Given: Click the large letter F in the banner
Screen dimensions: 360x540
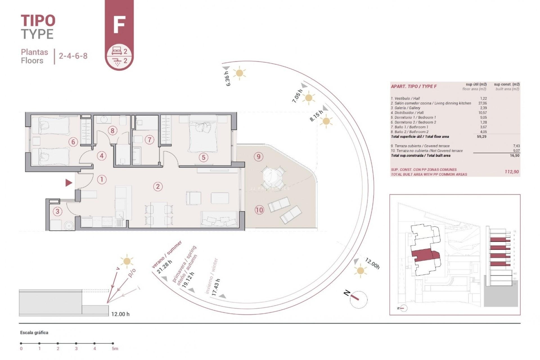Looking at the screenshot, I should pos(119,25).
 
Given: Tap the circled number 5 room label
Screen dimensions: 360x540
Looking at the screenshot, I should pos(203,157).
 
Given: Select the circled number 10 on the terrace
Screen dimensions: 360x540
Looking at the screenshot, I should pos(259,210).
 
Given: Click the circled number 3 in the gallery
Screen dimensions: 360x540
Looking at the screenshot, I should pos(57,211).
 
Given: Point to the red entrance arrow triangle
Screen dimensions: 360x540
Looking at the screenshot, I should pos(69,183).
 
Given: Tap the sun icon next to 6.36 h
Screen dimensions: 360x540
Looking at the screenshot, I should pos(239,73).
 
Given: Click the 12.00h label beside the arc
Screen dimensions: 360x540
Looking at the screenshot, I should pos(372,264).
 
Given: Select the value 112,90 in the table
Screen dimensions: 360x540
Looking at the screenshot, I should pos(512,172).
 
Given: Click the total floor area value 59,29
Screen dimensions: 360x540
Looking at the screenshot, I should pos(481,137).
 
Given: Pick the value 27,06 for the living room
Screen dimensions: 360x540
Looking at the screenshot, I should pos(482,103).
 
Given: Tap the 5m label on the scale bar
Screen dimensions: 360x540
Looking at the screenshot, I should pos(115,349).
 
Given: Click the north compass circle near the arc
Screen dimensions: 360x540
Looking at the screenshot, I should pos(359,300).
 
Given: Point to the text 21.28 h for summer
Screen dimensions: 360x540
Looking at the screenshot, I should pos(164,267).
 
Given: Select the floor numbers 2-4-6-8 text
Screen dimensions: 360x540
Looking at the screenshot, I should pos(73,56).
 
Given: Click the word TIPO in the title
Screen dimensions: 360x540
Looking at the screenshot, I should pos(38,21).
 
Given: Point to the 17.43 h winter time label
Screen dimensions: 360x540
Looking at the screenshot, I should pos(216,287).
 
